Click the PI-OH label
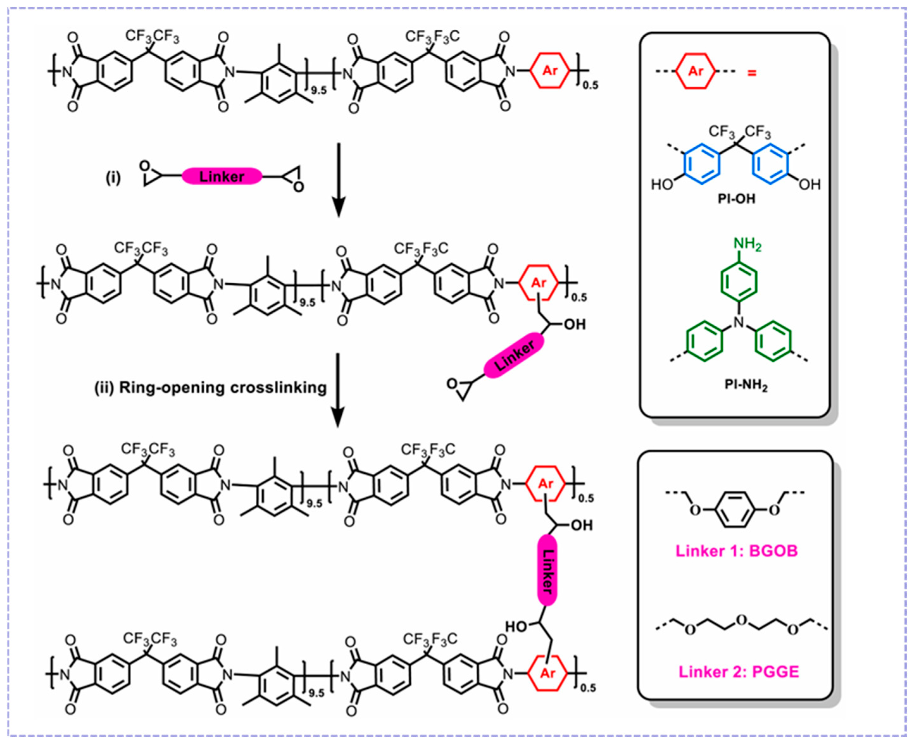point(736,199)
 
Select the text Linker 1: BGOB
point(737,551)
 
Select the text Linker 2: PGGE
point(738,672)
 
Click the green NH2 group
point(747,244)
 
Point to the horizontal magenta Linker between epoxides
point(222,176)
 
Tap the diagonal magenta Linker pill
point(514,356)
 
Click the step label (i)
point(113,177)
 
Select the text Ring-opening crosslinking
point(222,387)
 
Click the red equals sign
point(751,73)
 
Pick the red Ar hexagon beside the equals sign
point(695,71)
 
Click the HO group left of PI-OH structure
point(662,185)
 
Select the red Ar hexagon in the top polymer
point(550,71)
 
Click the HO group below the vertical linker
point(516,627)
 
